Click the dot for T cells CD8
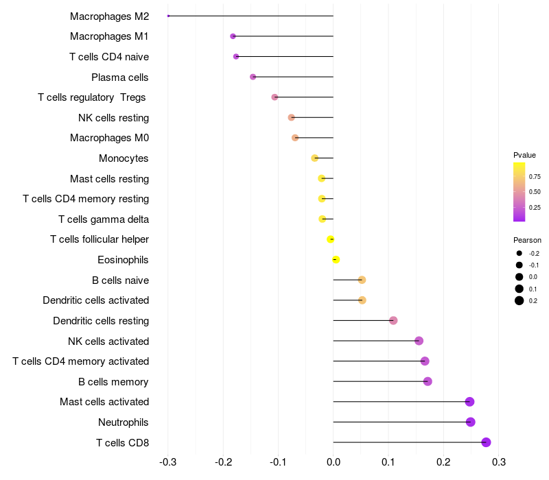487,442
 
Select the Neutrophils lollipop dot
471,422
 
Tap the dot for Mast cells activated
470,402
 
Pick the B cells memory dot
428,381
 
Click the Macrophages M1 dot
233,36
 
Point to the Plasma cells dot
253,77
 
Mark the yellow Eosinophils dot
336,259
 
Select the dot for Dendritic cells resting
393,320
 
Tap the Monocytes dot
315,158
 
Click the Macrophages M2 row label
109,16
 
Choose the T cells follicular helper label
100,239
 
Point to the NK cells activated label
108,341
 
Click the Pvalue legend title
524,155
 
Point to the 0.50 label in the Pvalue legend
535,192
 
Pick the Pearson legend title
527,241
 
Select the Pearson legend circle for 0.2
519,300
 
